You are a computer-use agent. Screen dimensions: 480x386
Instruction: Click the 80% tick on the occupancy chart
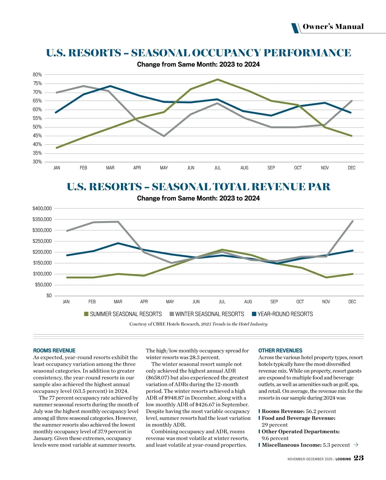click(x=37, y=75)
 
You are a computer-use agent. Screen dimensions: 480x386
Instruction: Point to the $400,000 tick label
click(x=42, y=209)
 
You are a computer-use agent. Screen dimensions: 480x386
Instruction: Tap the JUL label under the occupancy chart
click(x=217, y=168)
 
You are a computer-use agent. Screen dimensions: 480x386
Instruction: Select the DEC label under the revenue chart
click(x=352, y=302)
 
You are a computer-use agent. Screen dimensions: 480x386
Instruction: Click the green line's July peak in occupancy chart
click(x=218, y=80)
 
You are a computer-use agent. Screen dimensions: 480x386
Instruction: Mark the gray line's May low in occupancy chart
click(x=164, y=136)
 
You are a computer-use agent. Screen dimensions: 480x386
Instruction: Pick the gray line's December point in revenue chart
click(x=353, y=221)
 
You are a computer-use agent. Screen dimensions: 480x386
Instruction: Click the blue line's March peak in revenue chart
click(x=118, y=243)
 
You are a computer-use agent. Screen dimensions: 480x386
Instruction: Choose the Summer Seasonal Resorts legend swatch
click(x=86, y=314)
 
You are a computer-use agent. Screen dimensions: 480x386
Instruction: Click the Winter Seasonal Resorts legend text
click(x=209, y=314)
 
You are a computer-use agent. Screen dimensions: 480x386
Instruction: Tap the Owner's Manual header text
click(x=333, y=27)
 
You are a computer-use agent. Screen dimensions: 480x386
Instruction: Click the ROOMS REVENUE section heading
click(x=54, y=351)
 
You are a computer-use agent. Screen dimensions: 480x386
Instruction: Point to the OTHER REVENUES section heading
click(x=280, y=351)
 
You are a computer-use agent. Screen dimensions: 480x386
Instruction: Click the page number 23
click(x=359, y=458)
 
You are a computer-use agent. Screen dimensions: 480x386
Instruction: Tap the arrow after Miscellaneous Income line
click(x=356, y=445)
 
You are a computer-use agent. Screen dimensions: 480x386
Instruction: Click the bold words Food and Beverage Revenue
click(x=299, y=418)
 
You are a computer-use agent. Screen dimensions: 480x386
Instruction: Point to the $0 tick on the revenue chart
click(x=49, y=296)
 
